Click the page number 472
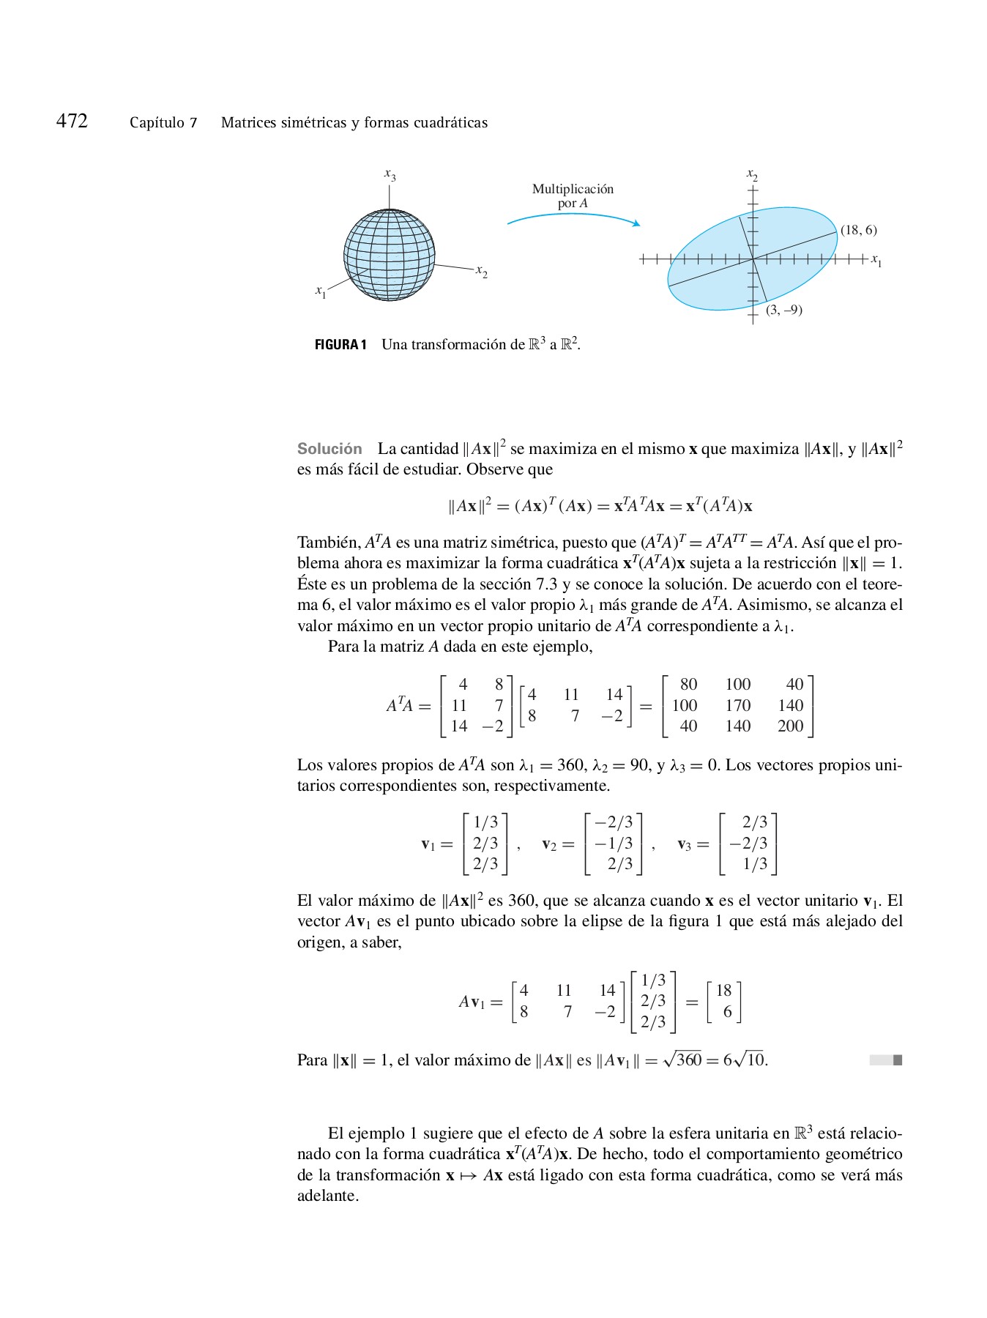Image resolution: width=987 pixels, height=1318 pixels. [72, 121]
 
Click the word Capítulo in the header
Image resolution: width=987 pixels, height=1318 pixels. [157, 123]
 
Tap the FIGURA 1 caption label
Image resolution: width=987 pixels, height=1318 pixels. [340, 345]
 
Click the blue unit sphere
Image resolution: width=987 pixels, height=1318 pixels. [390, 256]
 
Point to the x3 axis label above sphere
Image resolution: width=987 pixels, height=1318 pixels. [390, 174]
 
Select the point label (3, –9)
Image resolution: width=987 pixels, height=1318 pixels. [783, 310]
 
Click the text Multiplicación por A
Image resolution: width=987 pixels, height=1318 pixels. [573, 196]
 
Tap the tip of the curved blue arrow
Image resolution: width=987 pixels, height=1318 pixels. [638, 224]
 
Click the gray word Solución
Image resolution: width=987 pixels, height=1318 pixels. [329, 449]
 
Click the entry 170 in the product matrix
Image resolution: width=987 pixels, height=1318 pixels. [738, 705]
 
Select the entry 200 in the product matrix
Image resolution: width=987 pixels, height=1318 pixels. [791, 726]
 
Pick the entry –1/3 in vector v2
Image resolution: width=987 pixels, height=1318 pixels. [614, 844]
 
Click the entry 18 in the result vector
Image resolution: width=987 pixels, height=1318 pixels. [723, 991]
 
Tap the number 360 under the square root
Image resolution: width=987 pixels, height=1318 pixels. [688, 1060]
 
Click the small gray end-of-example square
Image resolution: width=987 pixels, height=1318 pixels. [898, 1060]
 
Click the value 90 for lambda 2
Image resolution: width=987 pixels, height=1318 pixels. [639, 765]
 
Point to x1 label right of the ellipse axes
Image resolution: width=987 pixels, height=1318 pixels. [876, 261]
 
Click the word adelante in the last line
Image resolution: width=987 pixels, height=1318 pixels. [327, 1196]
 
